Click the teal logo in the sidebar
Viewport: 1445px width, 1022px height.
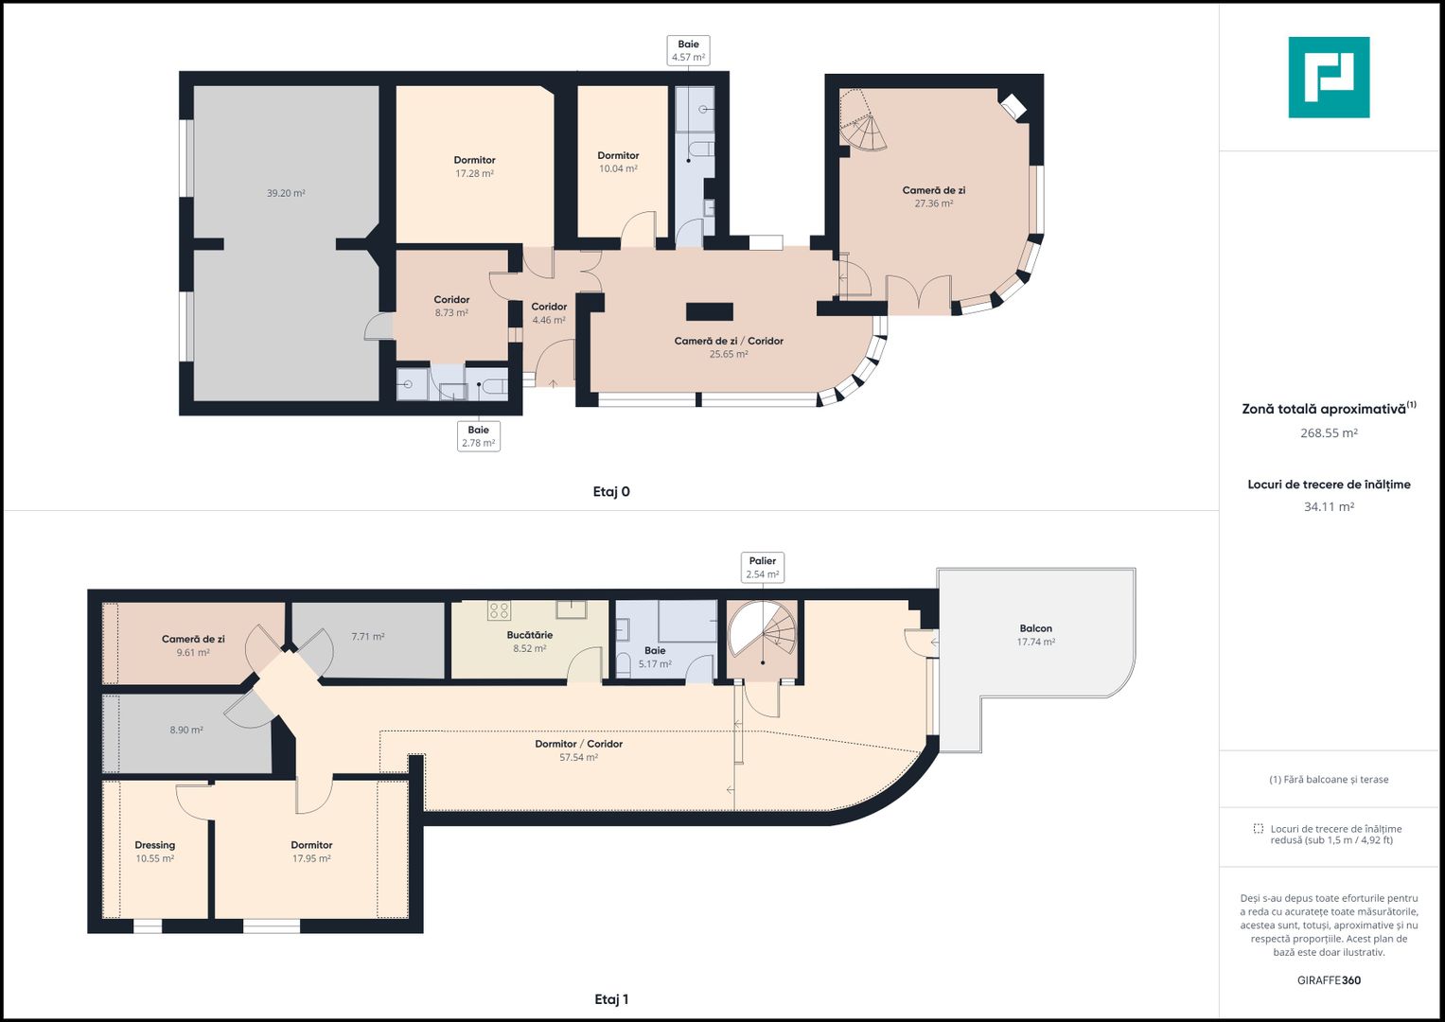1329,78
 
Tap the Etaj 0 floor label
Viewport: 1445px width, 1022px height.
611,492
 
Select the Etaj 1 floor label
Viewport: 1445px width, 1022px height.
611,999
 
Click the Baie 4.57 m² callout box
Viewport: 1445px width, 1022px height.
688,50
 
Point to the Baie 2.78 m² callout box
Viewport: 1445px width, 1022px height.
479,436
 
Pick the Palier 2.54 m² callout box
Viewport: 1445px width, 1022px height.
763,568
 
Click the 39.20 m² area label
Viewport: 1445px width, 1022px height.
286,193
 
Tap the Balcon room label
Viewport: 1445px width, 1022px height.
1036,628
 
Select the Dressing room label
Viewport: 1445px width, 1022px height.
155,845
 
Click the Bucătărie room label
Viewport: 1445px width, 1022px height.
530,635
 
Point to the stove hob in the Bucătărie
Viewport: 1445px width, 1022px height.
500,610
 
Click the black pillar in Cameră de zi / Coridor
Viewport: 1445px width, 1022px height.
710,311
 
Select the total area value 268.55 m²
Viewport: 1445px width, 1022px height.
1329,433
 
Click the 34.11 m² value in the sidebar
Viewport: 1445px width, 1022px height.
1329,507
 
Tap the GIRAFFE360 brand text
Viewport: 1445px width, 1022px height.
1329,980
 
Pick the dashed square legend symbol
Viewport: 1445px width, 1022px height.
1259,828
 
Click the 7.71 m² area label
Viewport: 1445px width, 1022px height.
368,637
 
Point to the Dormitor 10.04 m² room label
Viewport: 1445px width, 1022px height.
618,162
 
